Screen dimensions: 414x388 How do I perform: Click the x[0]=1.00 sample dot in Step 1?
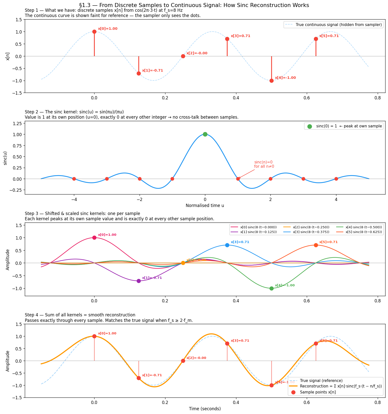click(94, 32)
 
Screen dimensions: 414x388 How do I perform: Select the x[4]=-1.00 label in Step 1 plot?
click(285, 78)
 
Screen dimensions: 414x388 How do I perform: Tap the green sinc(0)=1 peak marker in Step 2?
click(205, 134)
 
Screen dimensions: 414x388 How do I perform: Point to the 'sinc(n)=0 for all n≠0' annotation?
click(264, 164)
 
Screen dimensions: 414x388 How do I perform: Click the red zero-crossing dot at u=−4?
click(74, 179)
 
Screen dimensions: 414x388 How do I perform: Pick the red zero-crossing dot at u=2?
click(270, 179)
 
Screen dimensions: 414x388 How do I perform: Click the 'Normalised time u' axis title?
click(205, 206)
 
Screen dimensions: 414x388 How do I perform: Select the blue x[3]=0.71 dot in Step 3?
click(227, 245)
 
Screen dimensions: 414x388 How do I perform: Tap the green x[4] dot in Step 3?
click(271, 288)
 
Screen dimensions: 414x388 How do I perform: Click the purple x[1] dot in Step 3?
click(139, 281)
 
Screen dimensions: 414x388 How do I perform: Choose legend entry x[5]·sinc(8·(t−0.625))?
click(363, 232)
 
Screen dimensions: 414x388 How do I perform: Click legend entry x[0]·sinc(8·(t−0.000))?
click(258, 227)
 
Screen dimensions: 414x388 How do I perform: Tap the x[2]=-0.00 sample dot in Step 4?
click(183, 361)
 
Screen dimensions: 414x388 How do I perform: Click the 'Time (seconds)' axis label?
click(205, 409)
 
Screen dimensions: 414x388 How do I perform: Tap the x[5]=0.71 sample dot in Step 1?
click(316, 39)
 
